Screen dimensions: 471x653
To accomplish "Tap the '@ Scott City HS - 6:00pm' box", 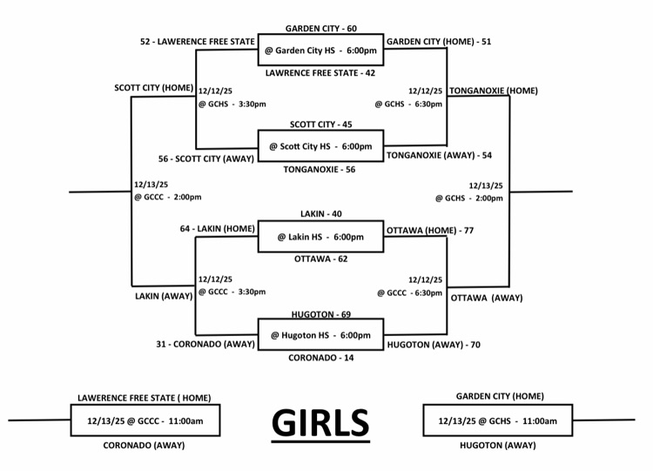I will pyautogui.click(x=320, y=145).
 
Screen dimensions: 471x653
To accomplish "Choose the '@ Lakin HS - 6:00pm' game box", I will pyautogui.click(x=320, y=236).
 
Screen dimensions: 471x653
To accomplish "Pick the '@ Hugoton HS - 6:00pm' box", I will pyautogui.click(x=320, y=335).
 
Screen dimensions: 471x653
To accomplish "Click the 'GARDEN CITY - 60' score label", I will pyautogui.click(x=320, y=29).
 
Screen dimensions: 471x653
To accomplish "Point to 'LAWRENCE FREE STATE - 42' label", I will pyautogui.click(x=320, y=73).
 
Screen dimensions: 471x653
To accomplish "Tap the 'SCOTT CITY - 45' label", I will pyautogui.click(x=320, y=124).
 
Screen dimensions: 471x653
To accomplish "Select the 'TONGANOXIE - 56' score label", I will pyautogui.click(x=320, y=169).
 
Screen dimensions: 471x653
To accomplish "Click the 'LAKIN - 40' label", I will pyautogui.click(x=320, y=213).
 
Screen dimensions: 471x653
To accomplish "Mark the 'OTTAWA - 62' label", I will pyautogui.click(x=320, y=259).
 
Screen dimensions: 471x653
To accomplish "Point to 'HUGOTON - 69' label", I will pyautogui.click(x=320, y=313).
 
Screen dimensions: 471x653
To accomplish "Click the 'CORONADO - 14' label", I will pyautogui.click(x=320, y=358).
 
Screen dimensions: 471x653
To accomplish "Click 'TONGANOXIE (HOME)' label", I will pyautogui.click(x=494, y=91).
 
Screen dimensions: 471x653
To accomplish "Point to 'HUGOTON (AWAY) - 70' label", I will pyautogui.click(x=433, y=344).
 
